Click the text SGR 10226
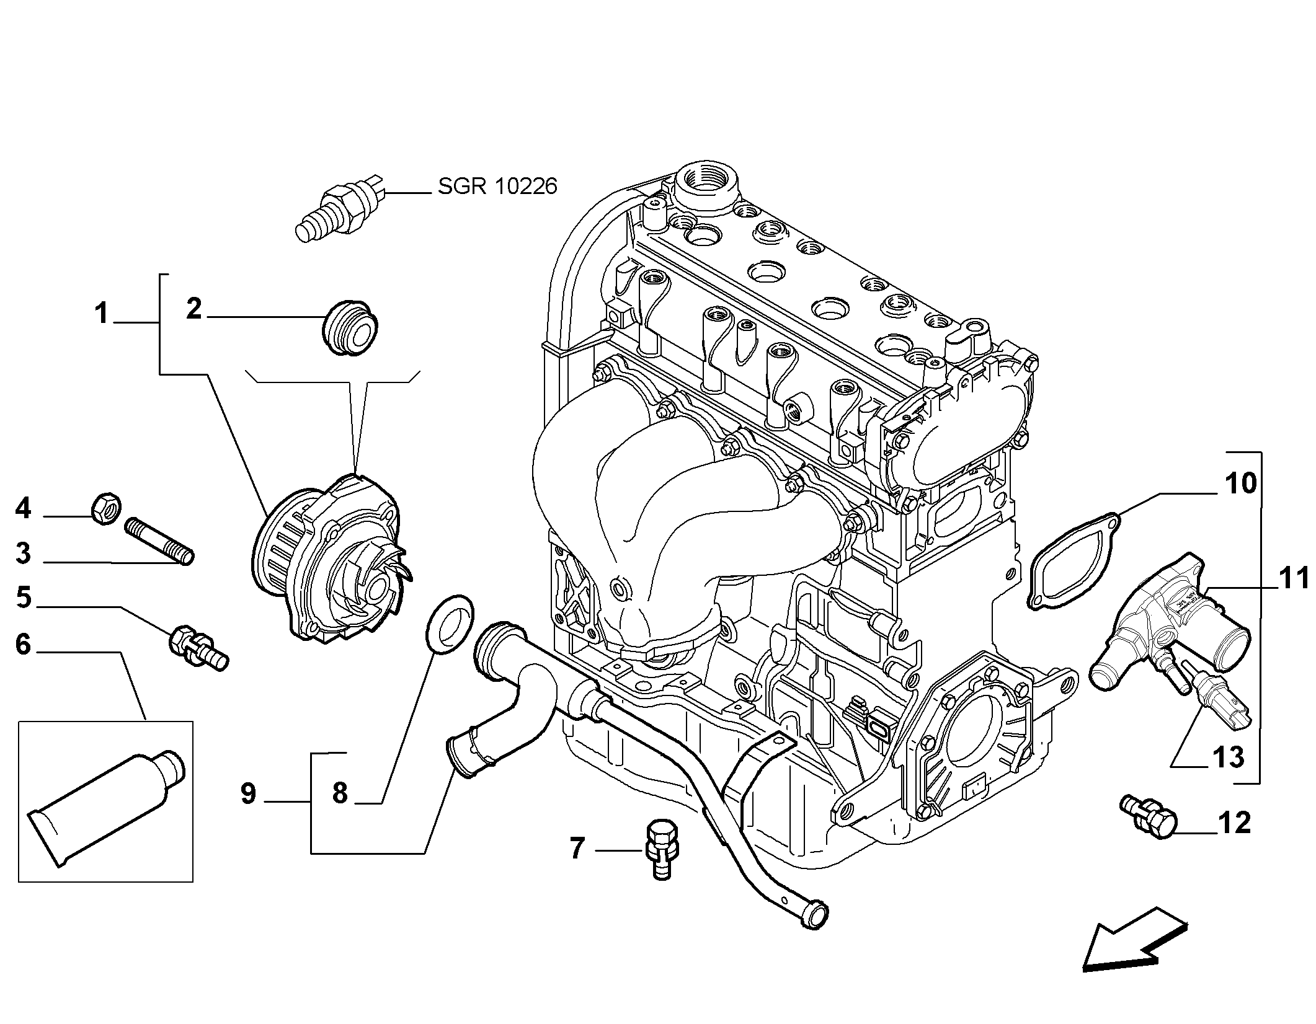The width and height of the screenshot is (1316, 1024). coord(497,186)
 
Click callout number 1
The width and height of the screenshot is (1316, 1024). coord(101,314)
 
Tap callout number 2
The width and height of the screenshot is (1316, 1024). coord(194,308)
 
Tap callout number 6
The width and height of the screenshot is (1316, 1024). coord(23,645)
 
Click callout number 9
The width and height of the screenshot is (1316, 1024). coord(248,794)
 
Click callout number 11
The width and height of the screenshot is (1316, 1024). coord(1292,579)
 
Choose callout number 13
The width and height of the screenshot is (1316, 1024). coord(1228,757)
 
